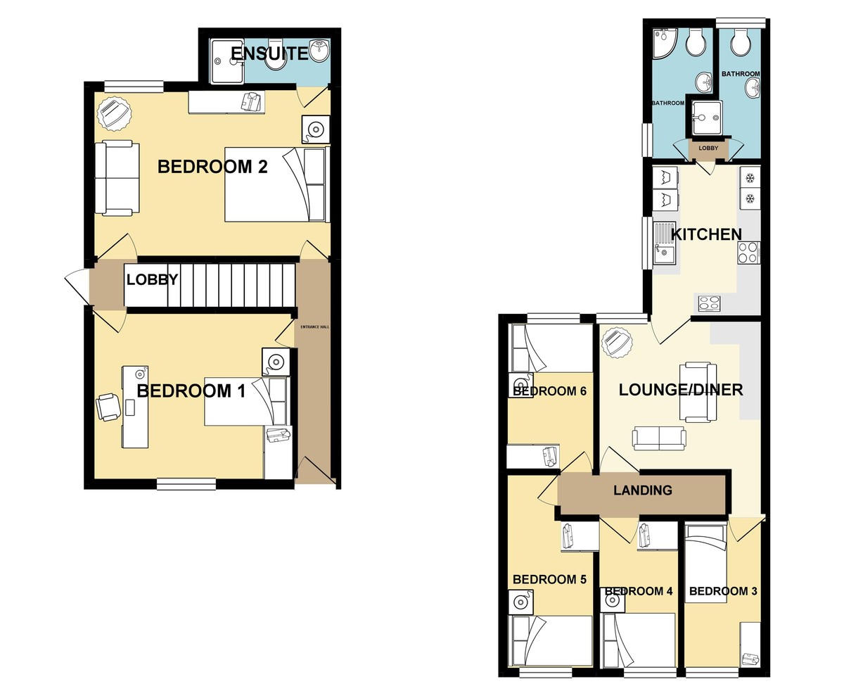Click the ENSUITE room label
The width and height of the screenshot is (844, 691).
[x=269, y=53]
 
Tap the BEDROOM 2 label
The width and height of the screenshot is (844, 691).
[x=203, y=167]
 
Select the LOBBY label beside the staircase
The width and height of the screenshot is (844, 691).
[x=152, y=280]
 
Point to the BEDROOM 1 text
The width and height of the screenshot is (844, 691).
[x=191, y=391]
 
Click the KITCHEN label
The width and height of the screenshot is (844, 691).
[x=705, y=234]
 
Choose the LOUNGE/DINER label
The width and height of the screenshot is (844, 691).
[x=680, y=390]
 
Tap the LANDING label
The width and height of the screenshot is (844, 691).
[x=643, y=490]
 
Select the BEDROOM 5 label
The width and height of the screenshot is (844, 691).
[x=549, y=580]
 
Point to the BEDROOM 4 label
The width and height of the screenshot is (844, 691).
[x=639, y=591]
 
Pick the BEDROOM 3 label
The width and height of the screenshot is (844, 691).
[x=723, y=591]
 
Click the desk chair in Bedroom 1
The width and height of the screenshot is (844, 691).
[x=108, y=407]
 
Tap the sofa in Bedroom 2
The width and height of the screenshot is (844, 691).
[x=117, y=178]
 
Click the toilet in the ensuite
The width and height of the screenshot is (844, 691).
[x=276, y=61]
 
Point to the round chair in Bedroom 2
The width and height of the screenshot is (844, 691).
[x=114, y=113]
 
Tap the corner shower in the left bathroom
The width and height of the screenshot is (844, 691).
[x=663, y=44]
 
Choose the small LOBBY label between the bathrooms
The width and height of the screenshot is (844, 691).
[x=708, y=148]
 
